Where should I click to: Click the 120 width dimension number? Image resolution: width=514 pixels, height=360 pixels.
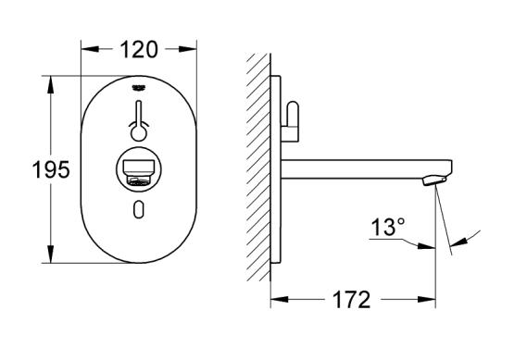139,50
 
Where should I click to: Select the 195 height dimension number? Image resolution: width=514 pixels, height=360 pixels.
51,169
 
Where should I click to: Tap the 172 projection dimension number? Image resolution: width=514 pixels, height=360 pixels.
351,300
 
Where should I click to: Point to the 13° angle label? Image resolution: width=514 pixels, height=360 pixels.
388,227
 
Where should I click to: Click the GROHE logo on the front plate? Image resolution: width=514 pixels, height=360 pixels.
138,88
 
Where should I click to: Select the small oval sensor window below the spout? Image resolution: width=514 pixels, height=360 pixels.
138,209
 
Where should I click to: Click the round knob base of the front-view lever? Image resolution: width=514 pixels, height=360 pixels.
138,133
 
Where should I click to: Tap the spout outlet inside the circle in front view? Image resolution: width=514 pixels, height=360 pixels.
138,173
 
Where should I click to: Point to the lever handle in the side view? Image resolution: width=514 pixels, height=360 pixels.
291,121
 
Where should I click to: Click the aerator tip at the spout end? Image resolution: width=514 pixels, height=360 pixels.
434,180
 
